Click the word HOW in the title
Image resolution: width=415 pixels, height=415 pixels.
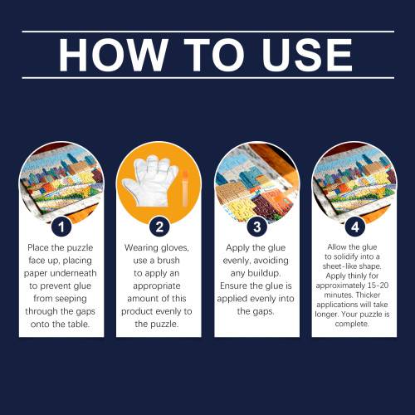[113, 55]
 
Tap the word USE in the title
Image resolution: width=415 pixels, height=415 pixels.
[307, 55]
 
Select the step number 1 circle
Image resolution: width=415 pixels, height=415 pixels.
[61, 227]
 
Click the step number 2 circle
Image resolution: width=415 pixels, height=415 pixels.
[159, 227]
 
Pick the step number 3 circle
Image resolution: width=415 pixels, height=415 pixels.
[257, 227]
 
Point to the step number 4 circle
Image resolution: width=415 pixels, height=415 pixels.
[355, 227]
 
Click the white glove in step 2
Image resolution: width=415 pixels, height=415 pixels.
[151, 181]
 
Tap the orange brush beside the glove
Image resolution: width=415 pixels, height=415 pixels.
[185, 188]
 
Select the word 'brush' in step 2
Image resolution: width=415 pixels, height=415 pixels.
[168, 261]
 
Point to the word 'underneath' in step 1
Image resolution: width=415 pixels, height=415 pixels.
[74, 273]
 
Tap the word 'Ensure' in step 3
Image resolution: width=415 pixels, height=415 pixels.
[234, 286]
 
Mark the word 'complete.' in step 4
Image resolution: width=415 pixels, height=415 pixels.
[352, 324]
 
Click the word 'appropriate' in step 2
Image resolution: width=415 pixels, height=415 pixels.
[157, 286]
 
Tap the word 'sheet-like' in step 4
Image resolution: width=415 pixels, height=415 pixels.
[337, 266]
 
